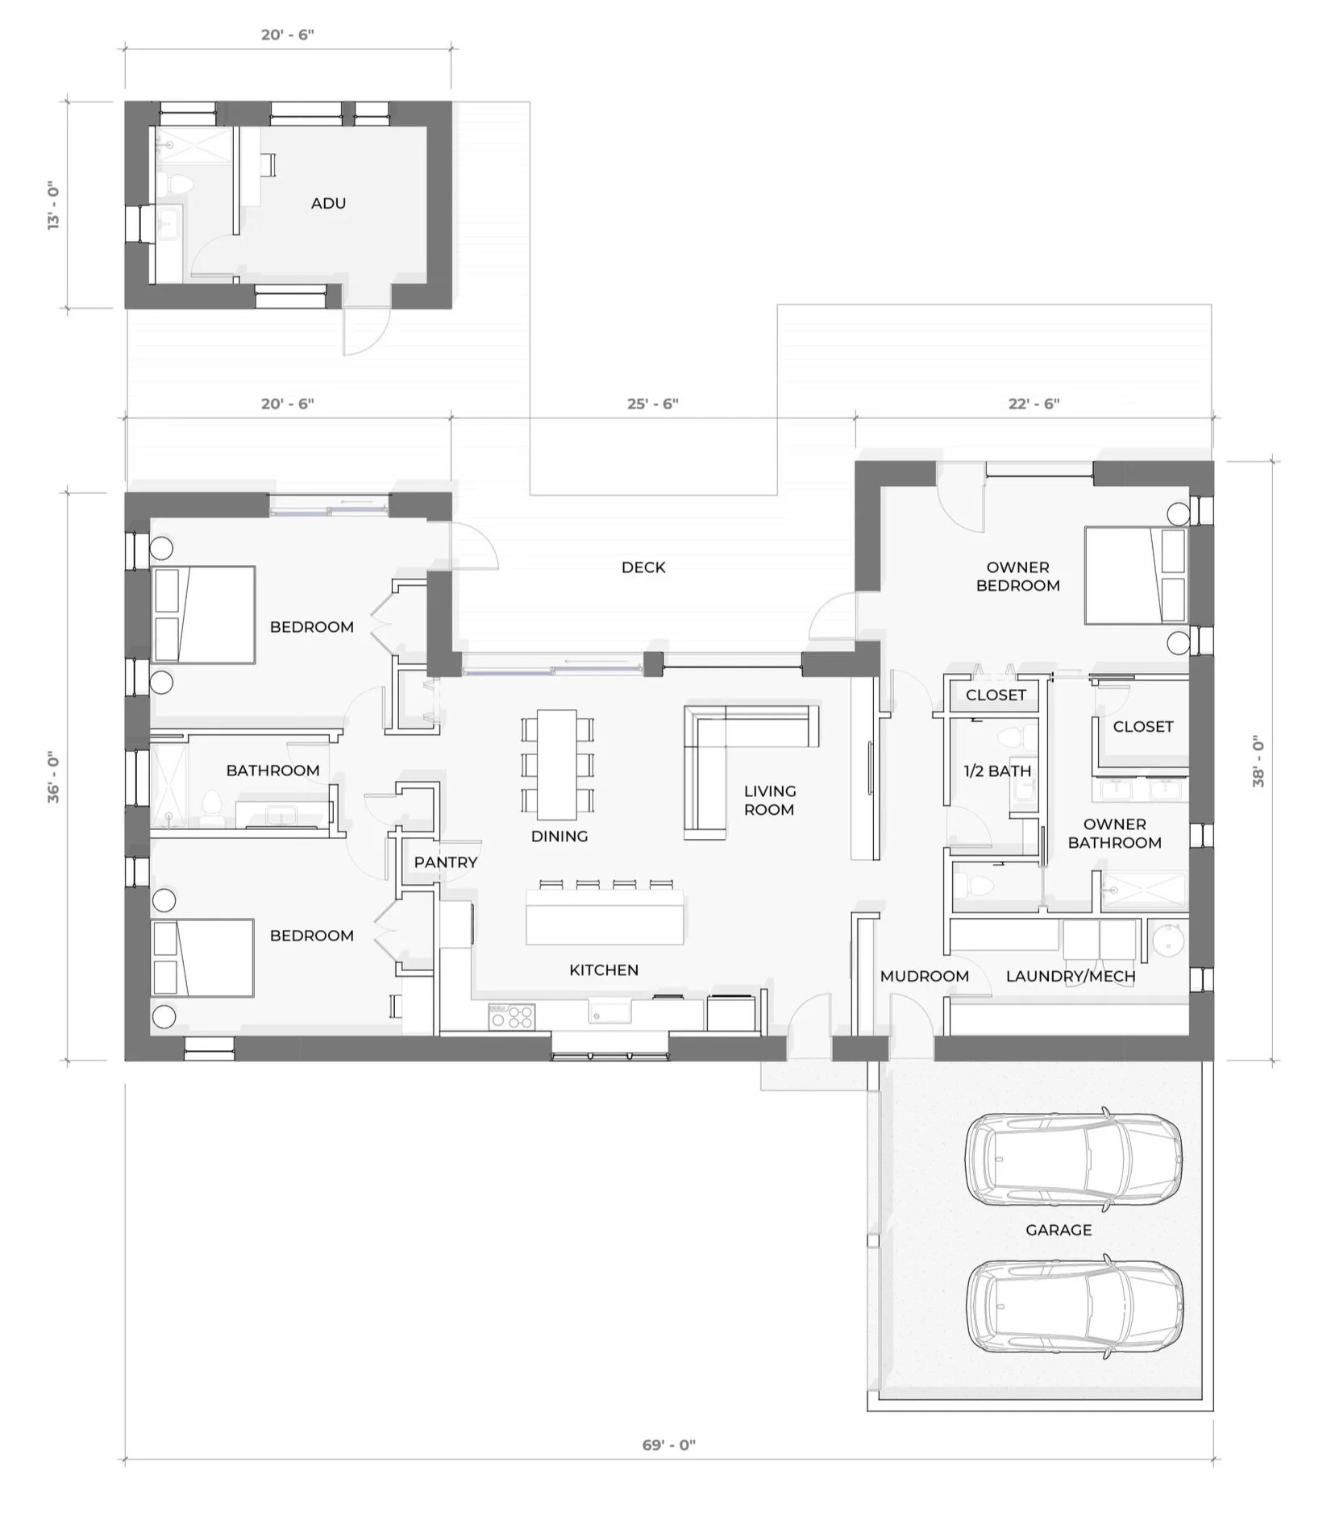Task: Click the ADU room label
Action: point(328,203)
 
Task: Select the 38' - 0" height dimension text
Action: point(1258,761)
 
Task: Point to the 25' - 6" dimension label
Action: point(653,403)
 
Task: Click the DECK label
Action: point(643,567)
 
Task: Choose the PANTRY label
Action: point(446,862)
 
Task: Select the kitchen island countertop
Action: point(605,917)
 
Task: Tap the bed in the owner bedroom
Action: point(1135,575)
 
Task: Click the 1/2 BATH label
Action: point(997,771)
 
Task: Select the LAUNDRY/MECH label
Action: point(1071,977)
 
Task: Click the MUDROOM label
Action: point(924,977)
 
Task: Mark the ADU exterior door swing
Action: point(367,330)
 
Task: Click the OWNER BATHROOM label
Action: point(1114,833)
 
